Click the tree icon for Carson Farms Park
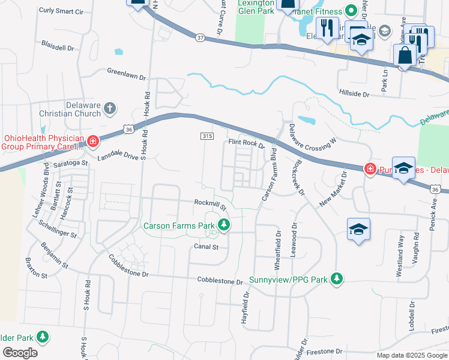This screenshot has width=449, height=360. click(224, 225)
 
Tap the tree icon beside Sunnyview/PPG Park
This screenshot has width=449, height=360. click(337, 278)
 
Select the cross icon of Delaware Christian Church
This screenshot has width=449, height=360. click(109, 108)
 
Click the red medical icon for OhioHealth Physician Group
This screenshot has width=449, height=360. click(92, 142)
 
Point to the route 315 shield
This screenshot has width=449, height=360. click(206, 137)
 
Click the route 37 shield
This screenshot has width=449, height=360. click(200, 38)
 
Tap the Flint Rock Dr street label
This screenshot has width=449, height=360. click(246, 143)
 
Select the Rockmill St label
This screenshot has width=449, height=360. click(209, 204)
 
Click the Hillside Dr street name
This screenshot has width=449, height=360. click(354, 94)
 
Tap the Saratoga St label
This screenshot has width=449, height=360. click(68, 163)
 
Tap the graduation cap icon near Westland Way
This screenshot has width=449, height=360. click(358, 229)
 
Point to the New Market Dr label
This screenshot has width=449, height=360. click(334, 189)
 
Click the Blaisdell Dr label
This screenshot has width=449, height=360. click(58, 46)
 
